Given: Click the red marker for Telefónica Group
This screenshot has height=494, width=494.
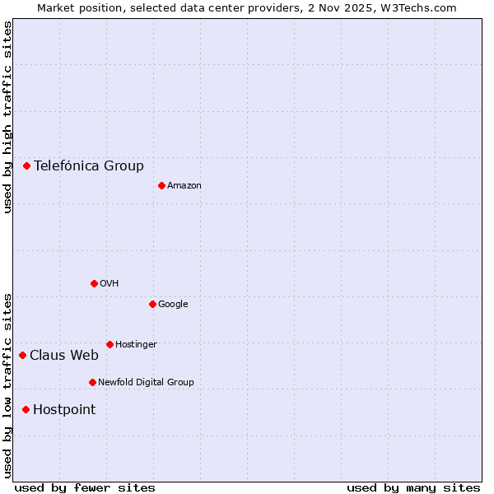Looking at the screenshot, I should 26,165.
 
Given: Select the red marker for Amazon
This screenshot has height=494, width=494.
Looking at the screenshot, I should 161,185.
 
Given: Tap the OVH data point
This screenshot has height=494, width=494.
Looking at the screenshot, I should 94,283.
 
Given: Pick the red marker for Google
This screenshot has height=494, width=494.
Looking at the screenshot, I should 152,304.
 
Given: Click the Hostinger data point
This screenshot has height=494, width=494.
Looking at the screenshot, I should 110,344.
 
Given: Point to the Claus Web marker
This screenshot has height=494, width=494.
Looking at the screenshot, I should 22,355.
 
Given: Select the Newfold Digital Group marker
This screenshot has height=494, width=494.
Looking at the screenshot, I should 92,382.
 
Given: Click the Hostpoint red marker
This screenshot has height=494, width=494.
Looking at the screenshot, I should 26,409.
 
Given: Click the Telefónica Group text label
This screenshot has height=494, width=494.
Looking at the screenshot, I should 89,165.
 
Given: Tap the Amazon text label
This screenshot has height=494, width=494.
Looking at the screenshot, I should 184,185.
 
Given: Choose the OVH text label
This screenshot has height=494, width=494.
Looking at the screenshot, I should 110,283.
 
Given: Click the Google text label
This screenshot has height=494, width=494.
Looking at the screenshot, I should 173,304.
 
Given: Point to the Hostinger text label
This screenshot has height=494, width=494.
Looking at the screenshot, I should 136,344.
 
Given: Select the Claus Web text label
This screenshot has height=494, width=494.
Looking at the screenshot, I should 64,355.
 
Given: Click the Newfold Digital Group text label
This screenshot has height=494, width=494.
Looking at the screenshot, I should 146,382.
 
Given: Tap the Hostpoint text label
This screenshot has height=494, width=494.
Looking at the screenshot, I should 64,409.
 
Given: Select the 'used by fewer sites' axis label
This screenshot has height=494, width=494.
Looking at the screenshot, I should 85,487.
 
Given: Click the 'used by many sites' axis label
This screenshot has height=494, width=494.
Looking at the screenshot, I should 413,487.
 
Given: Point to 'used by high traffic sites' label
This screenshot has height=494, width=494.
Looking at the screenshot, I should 7,117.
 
